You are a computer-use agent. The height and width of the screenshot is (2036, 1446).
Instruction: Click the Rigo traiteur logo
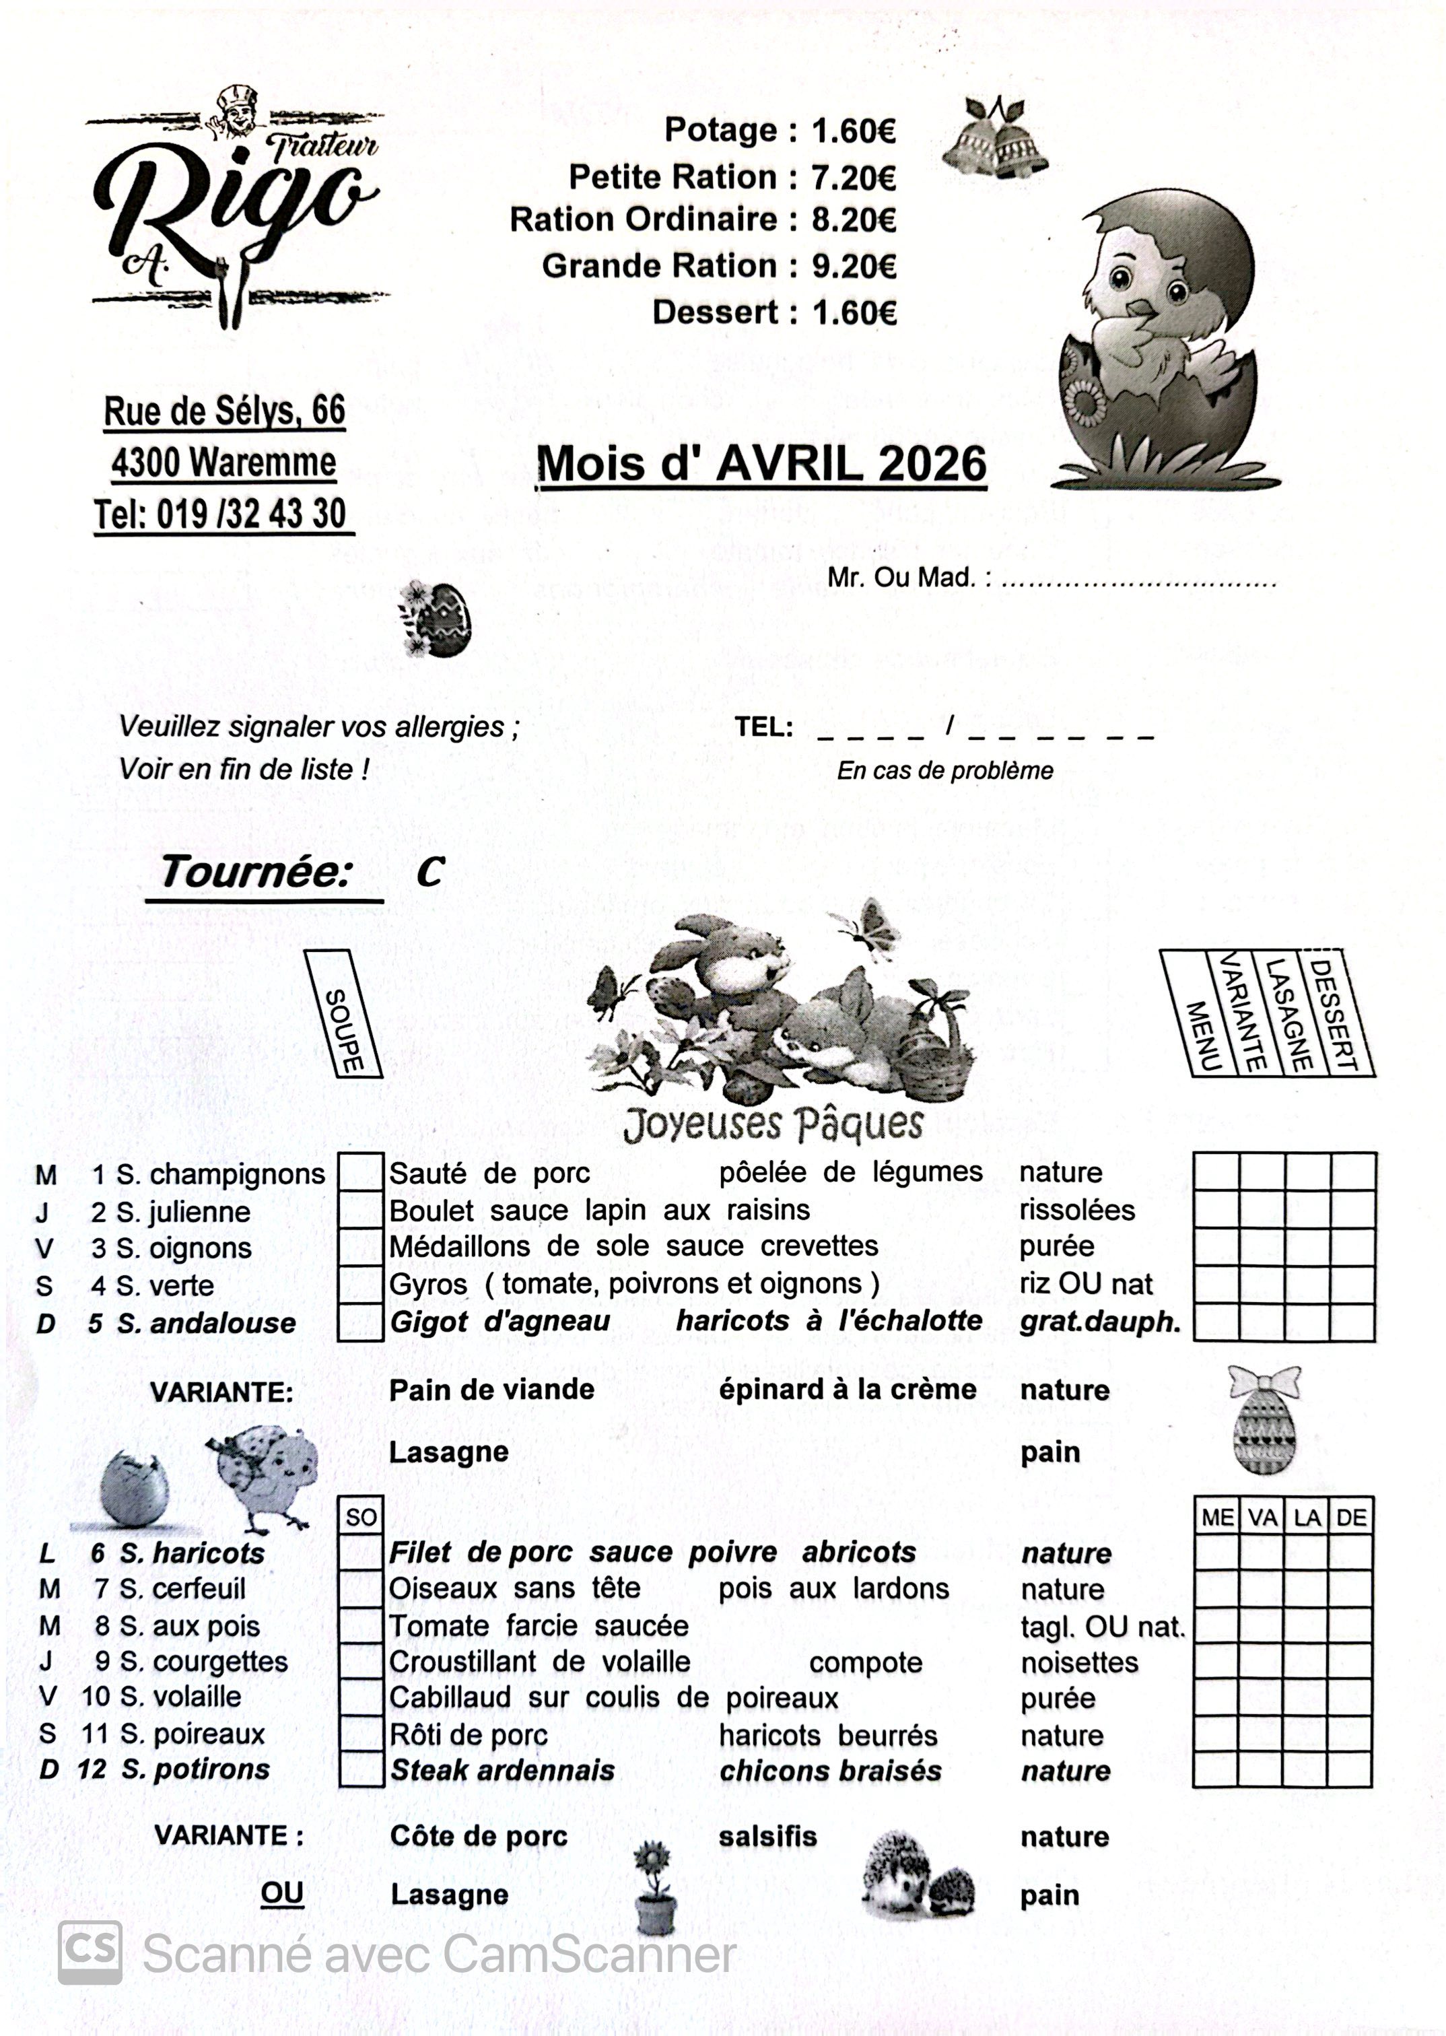(236, 209)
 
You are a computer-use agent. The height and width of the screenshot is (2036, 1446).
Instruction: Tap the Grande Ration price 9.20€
(853, 266)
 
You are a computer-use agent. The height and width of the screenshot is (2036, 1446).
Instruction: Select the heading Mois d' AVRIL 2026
(761, 464)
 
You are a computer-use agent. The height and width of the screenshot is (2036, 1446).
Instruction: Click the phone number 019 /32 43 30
(251, 514)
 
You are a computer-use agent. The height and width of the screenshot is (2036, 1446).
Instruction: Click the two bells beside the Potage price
(994, 138)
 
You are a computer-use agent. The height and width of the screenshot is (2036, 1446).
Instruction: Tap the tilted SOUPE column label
(344, 1013)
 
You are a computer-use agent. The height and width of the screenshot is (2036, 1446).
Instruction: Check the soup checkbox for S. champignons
(361, 1172)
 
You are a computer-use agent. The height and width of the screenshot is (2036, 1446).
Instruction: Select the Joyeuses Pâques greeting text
(773, 1124)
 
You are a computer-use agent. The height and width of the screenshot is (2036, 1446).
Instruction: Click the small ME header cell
(1216, 1518)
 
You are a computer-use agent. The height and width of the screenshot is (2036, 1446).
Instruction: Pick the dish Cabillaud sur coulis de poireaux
(613, 1698)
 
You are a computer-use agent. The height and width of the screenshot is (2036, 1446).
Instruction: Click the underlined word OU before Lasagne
(281, 1893)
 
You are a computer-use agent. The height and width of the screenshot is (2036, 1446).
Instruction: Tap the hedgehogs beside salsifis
(917, 1884)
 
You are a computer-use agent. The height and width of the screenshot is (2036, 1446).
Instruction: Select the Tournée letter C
(429, 873)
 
